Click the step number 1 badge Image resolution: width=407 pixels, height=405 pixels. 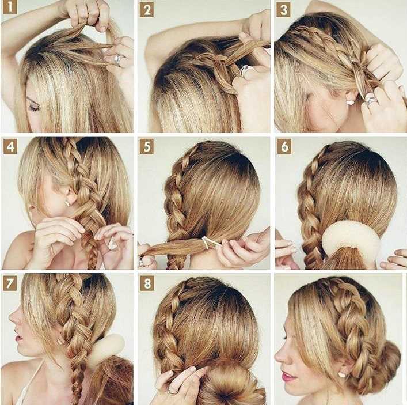(10, 7)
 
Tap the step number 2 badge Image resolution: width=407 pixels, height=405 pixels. (147, 10)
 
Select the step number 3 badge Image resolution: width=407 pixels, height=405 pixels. (283, 10)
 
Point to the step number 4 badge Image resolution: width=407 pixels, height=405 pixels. (10, 147)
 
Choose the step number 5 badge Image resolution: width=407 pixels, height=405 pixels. (147, 146)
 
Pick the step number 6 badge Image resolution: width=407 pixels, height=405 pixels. (284, 147)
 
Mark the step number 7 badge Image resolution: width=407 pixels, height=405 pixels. (10, 283)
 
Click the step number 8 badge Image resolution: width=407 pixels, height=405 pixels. (147, 283)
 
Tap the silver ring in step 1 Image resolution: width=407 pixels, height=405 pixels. (118, 60)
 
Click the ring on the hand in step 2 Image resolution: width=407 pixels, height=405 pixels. (246, 70)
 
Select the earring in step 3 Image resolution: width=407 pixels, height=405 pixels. (350, 102)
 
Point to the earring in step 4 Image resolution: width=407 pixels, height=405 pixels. (67, 203)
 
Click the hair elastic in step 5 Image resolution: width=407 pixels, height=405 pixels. (208, 242)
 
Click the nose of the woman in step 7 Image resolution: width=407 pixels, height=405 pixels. (12, 316)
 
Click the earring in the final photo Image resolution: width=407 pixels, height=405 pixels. (342, 374)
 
